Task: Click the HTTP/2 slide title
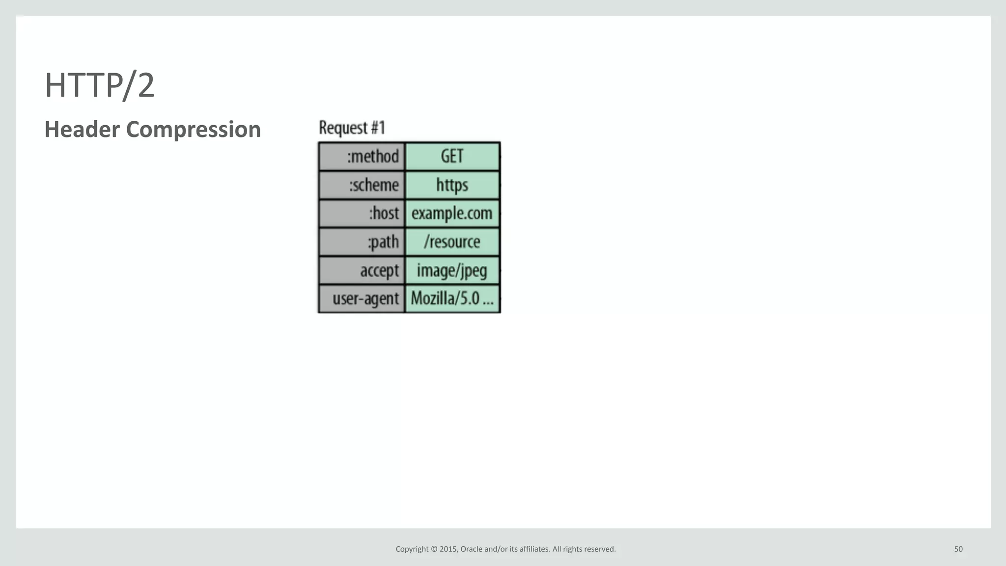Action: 100,85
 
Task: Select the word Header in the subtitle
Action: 82,130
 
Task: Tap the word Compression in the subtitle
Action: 193,130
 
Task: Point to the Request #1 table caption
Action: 352,128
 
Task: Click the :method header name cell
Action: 362,157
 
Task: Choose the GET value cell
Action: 452,157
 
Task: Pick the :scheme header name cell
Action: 362,185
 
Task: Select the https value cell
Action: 452,185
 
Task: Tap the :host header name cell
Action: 362,214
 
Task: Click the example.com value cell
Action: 452,214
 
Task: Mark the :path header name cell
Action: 362,242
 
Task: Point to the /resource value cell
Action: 452,242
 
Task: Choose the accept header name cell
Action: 362,270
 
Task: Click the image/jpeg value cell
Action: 452,270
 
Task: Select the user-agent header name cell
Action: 362,298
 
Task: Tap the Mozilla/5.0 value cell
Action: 452,298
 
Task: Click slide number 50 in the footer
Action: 958,549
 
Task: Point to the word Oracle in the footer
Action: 471,549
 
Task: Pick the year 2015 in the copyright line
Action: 448,549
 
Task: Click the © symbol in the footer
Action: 434,549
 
